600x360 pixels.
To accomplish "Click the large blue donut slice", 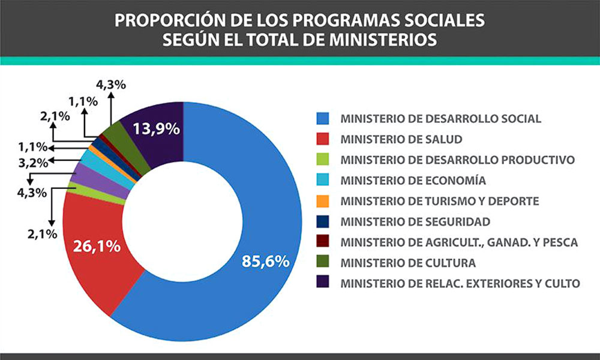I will (x=264, y=198).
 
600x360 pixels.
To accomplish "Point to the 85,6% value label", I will (x=266, y=262).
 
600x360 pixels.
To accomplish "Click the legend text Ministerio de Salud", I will (x=401, y=139).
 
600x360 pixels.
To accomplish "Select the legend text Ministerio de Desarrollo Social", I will (x=440, y=118).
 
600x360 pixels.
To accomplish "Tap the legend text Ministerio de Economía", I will (x=413, y=180).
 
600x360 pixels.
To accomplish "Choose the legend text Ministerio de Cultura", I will (x=408, y=263).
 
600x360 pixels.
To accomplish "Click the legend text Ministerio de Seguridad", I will (x=415, y=221).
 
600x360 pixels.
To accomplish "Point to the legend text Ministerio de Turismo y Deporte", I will (x=439, y=201).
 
